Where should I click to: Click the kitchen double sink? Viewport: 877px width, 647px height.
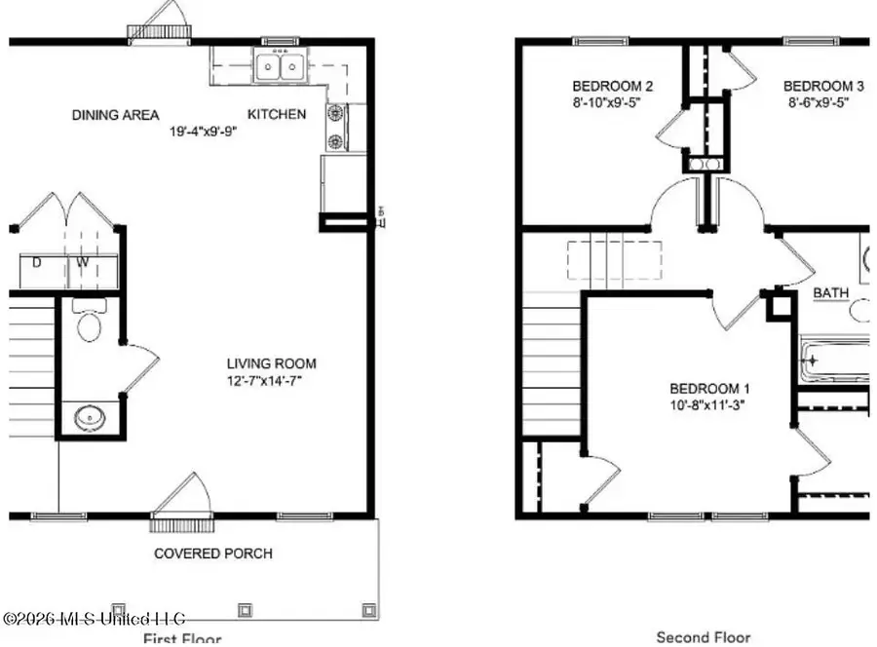280,66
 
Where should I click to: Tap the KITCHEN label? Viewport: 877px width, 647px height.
277,114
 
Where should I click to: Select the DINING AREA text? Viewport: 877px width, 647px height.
115,114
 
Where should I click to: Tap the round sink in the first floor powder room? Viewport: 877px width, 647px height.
91,418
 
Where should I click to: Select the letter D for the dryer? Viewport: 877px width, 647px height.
37,261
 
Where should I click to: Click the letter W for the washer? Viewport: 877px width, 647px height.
84,261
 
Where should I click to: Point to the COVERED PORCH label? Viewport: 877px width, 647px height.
213,553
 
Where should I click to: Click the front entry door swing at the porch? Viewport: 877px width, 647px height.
180,499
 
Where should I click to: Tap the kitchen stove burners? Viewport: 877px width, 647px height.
337,127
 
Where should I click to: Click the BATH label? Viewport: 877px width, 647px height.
831,292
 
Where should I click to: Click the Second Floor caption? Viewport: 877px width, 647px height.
704,637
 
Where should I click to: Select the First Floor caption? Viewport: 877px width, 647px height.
182,638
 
